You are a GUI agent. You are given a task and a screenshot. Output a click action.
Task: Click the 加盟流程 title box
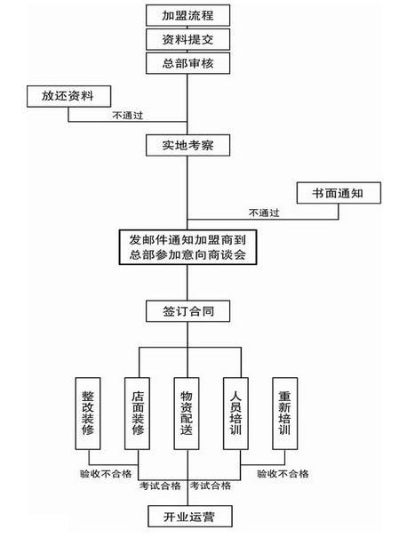tap(188, 15)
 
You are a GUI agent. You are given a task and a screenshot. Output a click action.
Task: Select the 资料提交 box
tap(188, 39)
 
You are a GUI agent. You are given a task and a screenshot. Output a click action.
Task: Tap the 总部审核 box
tap(188, 63)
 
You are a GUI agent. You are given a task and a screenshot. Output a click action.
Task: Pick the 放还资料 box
tap(69, 96)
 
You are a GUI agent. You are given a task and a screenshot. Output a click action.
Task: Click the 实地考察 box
tap(188, 145)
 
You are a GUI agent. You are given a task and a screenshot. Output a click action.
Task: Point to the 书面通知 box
tap(339, 193)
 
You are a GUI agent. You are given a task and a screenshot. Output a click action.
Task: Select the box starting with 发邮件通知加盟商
tap(188, 247)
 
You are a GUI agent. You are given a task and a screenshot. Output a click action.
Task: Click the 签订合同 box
tap(188, 311)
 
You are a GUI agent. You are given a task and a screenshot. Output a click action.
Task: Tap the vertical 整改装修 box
tap(88, 414)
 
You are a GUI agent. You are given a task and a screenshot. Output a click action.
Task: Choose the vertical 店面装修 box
tap(137, 414)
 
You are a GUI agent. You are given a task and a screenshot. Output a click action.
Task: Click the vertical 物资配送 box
tap(187, 414)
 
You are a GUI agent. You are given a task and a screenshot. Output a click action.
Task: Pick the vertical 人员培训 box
tap(235, 414)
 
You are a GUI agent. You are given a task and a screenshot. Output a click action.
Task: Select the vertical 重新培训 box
tap(285, 414)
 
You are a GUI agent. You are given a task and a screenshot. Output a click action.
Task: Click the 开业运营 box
tap(190, 516)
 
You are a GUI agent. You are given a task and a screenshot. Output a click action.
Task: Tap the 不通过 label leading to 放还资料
tap(128, 116)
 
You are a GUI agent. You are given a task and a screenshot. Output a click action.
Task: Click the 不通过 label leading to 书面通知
tap(264, 213)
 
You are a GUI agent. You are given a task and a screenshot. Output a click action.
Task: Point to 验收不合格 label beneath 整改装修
tap(106, 474)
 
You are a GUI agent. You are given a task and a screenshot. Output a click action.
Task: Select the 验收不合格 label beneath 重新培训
tap(283, 474)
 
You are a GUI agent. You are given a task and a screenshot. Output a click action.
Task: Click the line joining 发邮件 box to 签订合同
tap(188, 283)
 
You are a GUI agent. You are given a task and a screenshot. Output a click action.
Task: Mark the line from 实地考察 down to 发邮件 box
tap(188, 193)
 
